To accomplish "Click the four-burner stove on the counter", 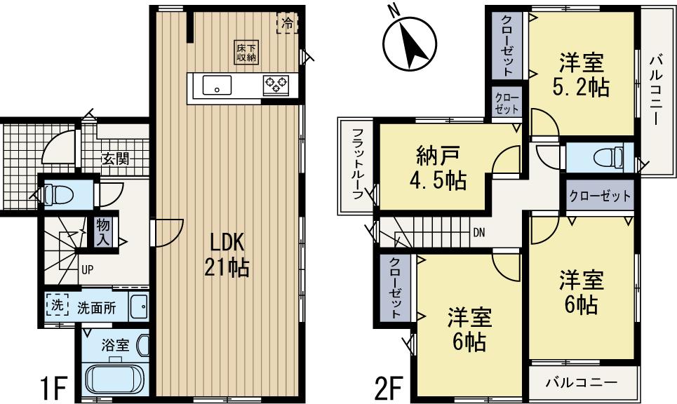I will [x=275, y=85].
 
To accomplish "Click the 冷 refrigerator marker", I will [x=287, y=23].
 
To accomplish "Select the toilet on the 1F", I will [x=53, y=192].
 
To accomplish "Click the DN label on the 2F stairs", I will [x=478, y=232].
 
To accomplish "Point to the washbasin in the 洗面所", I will [x=138, y=307].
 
